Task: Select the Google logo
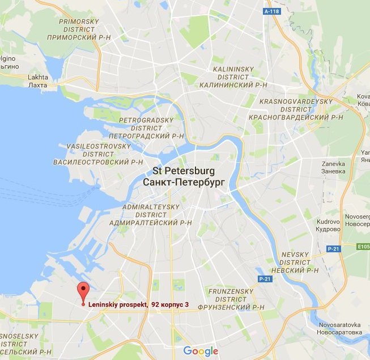pos(201,351)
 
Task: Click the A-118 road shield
pos(273,11)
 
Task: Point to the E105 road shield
pos(363,247)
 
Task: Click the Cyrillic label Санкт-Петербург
pos(184,183)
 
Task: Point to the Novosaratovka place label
pos(340,329)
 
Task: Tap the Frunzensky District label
pos(229,299)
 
